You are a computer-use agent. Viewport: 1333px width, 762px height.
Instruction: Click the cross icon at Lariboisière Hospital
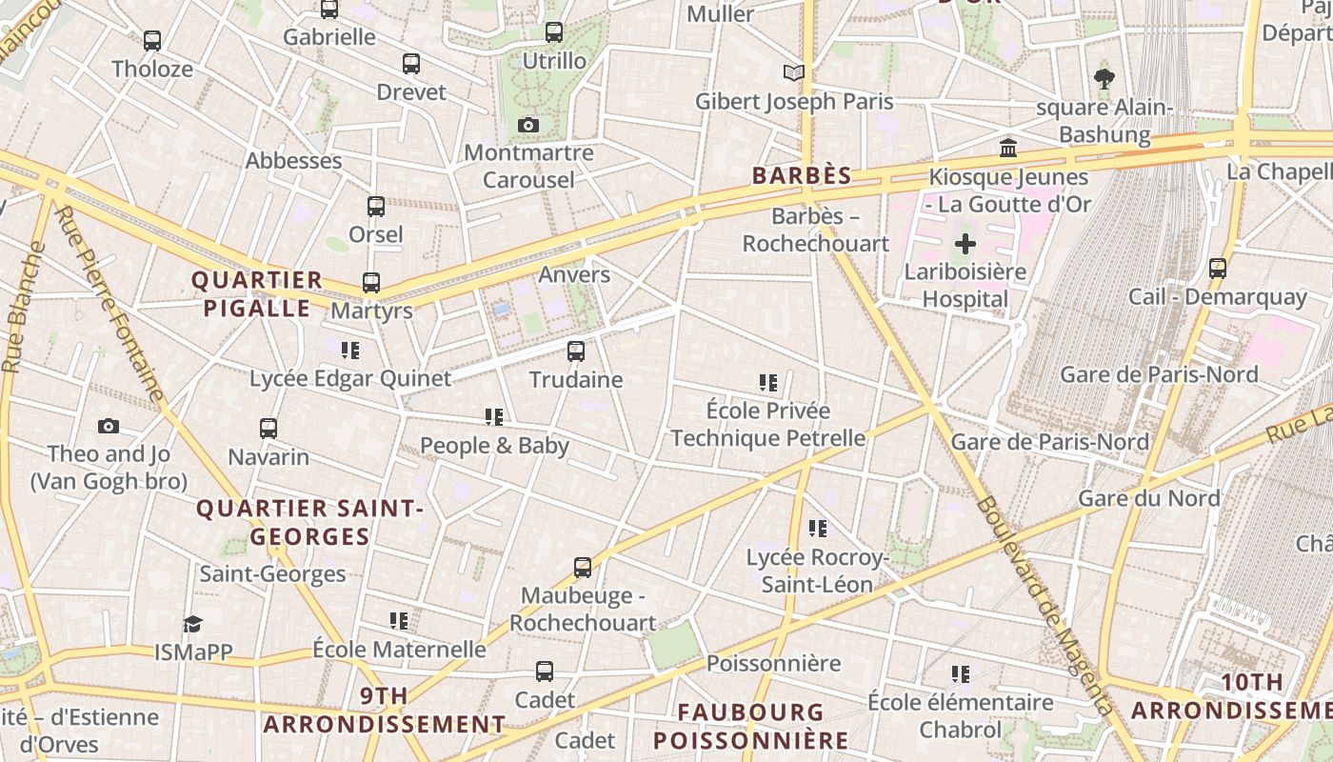pyautogui.click(x=965, y=244)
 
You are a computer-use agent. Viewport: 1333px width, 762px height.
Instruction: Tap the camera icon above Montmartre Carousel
pyautogui.click(x=528, y=125)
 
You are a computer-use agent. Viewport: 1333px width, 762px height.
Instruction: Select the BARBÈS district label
pyautogui.click(x=801, y=176)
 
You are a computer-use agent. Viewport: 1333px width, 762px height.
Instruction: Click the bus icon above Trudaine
pyautogui.click(x=576, y=351)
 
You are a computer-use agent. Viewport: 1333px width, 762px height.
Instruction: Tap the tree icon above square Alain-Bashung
pyautogui.click(x=1104, y=78)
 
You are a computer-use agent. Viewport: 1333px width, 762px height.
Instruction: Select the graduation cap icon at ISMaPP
pyautogui.click(x=193, y=625)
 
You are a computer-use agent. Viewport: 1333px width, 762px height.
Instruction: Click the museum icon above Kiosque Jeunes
pyautogui.click(x=1008, y=148)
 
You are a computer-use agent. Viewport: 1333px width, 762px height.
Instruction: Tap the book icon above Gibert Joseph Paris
pyautogui.click(x=793, y=72)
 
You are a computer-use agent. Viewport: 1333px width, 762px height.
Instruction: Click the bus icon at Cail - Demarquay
pyautogui.click(x=1218, y=269)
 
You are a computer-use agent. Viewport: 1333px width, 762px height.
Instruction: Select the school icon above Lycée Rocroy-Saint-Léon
pyautogui.click(x=817, y=529)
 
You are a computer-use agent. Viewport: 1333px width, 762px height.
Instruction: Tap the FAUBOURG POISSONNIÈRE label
pyautogui.click(x=751, y=726)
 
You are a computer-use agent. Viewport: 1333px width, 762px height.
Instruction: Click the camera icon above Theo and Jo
pyautogui.click(x=109, y=426)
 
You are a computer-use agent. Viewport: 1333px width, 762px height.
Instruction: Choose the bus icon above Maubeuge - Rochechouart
pyautogui.click(x=583, y=568)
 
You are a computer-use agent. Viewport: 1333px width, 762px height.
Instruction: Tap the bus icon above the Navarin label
pyautogui.click(x=269, y=429)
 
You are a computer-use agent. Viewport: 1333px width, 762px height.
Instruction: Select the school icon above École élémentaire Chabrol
pyautogui.click(x=960, y=674)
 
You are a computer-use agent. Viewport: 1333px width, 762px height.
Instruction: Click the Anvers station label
pyautogui.click(x=574, y=274)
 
